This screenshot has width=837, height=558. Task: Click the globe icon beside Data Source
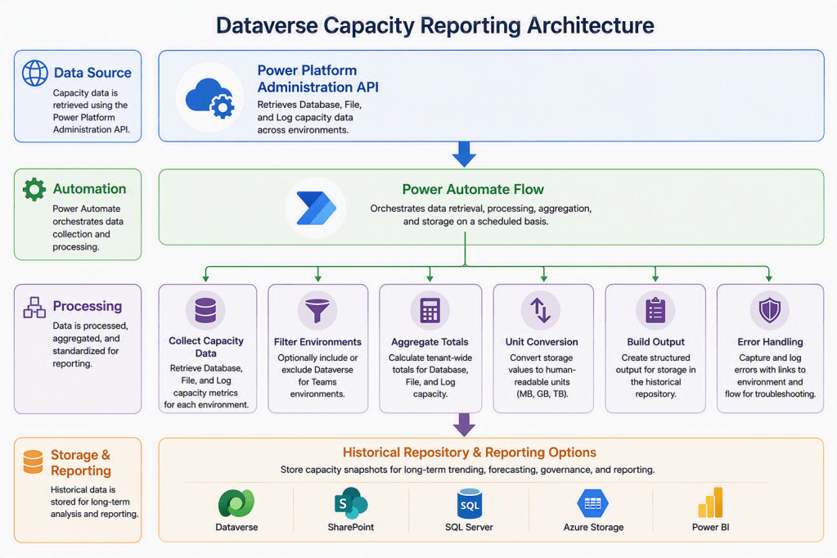34,73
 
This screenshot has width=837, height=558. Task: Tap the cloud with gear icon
209,97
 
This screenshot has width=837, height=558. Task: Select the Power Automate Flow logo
316,208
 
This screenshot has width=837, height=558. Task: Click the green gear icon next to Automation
34,189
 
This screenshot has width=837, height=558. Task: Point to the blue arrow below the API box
464,155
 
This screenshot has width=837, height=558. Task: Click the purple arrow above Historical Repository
464,425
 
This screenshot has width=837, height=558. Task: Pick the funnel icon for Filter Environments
317,310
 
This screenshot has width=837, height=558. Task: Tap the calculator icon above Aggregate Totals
430,310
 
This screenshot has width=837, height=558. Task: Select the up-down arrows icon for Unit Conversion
540,310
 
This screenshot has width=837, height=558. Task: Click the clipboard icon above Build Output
655,310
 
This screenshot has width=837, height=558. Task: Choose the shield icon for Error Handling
770,310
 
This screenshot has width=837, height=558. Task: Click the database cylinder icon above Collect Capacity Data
205,310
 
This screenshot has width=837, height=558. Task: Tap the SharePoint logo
351,503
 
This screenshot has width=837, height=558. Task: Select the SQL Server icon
469,503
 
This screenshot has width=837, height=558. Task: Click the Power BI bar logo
710,502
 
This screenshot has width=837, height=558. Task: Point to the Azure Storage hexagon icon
592,503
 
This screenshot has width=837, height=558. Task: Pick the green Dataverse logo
236,503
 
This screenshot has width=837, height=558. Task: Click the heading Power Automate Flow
473,189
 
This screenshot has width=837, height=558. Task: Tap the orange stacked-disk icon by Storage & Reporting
33,462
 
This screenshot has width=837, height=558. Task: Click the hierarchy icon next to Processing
34,307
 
